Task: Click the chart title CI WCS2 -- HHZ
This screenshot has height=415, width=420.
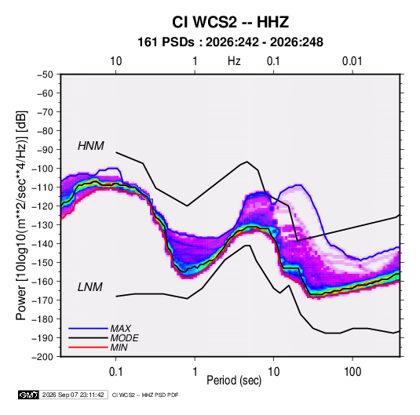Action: [230, 22]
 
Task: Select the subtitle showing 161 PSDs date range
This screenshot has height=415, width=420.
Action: [230, 42]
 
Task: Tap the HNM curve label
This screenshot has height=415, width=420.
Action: [91, 146]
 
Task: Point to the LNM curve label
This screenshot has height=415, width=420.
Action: [90, 287]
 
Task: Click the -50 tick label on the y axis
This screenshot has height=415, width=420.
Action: [45, 75]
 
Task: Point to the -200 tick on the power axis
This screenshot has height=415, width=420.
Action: [42, 357]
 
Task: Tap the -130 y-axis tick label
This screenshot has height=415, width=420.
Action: [42, 225]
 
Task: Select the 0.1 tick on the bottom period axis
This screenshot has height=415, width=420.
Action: [115, 372]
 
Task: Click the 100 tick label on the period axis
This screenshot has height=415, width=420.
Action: [352, 372]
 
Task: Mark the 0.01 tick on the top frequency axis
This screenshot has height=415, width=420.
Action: [352, 61]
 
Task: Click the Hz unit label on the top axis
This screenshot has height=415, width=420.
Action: [234, 61]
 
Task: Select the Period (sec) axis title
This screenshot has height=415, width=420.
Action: [234, 380]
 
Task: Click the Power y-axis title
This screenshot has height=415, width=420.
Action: [21, 216]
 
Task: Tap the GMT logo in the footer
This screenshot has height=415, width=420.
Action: [28, 395]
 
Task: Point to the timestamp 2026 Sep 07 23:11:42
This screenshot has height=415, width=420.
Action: [73, 395]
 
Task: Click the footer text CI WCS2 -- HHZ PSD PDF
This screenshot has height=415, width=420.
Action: [145, 395]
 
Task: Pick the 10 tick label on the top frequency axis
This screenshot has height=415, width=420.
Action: [116, 61]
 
